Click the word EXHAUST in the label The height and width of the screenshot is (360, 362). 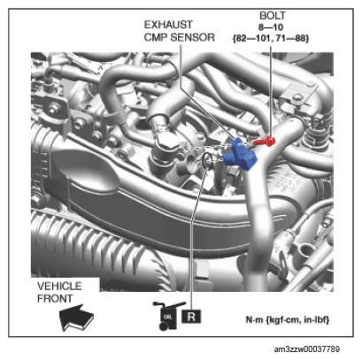pos(168,25)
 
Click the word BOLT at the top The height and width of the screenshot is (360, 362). pos(272,15)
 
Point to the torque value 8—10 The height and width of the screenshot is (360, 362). pos(271,27)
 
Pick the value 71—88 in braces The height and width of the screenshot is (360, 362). pos(291,38)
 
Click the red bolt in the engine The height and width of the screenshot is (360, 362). pos(265,142)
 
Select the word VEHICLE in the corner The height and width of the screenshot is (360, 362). pos(59,286)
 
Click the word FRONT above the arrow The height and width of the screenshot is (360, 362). pos(55,298)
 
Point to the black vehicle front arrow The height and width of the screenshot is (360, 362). pos(76,318)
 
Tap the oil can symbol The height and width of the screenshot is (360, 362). pos(168,316)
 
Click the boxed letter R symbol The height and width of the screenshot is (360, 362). pos(191,317)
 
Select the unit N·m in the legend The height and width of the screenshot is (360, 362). pos(254,319)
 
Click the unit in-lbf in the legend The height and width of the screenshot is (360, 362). pos(317,320)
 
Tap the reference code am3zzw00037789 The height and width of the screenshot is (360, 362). pos(307,349)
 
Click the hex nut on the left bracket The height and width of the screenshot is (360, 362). pos(53,109)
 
